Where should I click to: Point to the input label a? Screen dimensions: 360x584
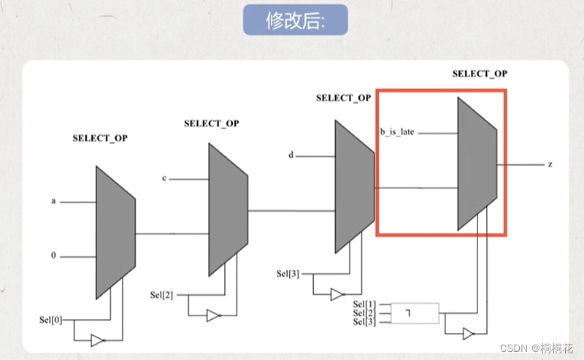pos(53,200)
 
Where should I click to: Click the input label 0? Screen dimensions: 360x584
pos(53,256)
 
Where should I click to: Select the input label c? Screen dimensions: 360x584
pos(164,178)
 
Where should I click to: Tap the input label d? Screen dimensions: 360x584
pos(291,155)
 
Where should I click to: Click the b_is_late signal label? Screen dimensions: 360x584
pos(397,133)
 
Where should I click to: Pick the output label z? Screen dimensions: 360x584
pos(550,164)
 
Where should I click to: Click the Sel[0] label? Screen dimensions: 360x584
pos(52,320)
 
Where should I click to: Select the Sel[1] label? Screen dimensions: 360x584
pos(364,304)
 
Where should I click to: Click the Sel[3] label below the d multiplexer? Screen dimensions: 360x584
pos(288,274)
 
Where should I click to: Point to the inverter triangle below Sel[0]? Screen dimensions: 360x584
pos(98,340)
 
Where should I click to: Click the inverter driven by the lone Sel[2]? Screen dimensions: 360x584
pos(212,315)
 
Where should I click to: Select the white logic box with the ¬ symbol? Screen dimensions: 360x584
pos(415,313)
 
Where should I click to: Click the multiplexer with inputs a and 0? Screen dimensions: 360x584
pos(115,232)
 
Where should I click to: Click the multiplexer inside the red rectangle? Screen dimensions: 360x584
pos(477,164)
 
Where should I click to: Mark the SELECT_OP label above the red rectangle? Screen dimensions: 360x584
pos(480,74)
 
